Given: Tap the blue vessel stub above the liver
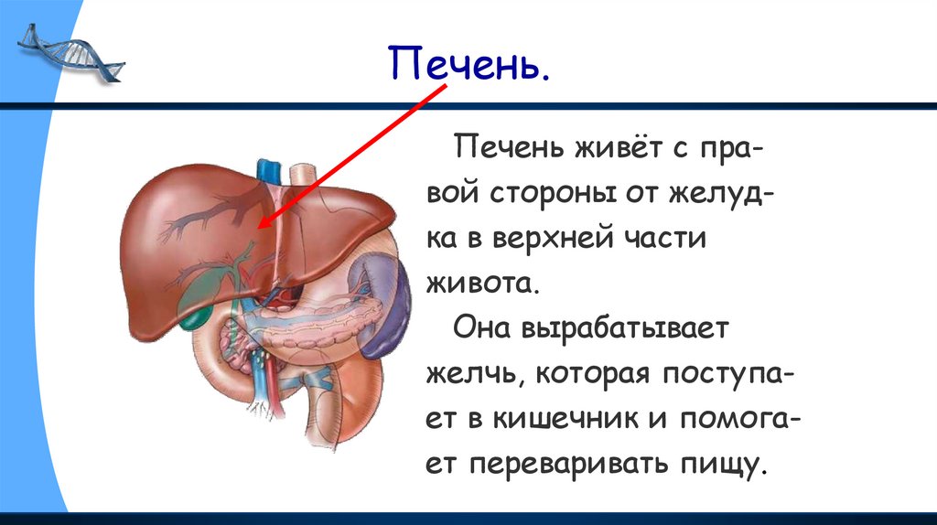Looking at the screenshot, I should (x=268, y=171).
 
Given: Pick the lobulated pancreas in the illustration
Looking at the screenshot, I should (x=320, y=316).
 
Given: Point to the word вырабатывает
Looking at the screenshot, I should (x=629, y=327).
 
